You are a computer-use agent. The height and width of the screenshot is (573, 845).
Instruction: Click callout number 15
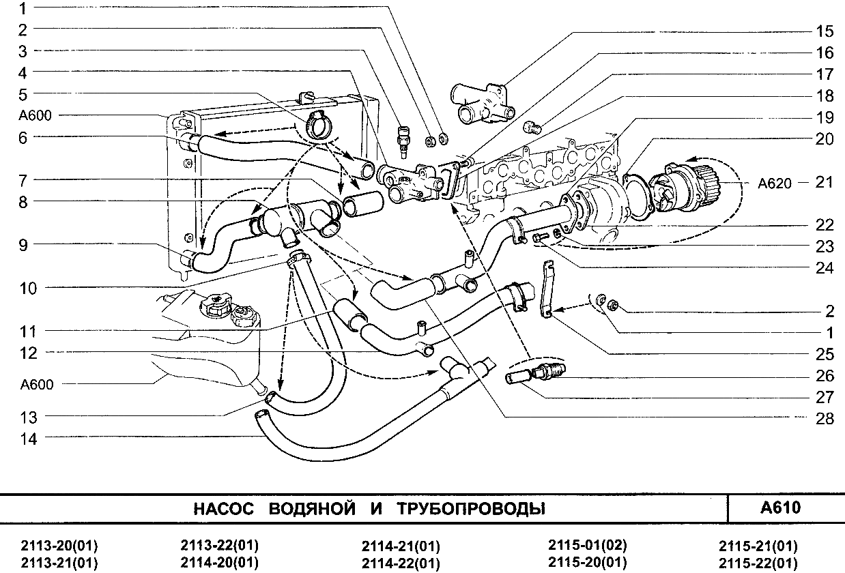click(825, 31)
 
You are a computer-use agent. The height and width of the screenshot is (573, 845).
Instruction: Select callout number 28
click(825, 419)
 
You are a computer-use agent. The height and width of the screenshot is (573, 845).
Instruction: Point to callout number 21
click(825, 182)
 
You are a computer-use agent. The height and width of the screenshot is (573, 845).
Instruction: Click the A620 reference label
click(775, 183)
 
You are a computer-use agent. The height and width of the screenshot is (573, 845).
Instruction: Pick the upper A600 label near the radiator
click(36, 116)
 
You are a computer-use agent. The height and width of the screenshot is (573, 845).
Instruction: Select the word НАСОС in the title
click(224, 509)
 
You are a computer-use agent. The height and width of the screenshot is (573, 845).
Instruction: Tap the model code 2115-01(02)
click(587, 545)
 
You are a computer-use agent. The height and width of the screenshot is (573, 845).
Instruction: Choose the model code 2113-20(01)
click(59, 546)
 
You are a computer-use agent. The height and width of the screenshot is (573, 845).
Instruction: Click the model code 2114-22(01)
click(401, 563)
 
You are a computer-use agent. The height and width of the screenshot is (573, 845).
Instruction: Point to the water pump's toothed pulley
click(710, 180)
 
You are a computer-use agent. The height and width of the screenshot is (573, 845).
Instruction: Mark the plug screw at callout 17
click(534, 127)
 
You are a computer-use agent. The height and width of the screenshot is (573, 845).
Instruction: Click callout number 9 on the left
click(23, 244)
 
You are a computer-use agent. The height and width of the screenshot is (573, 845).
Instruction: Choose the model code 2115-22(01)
click(758, 563)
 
